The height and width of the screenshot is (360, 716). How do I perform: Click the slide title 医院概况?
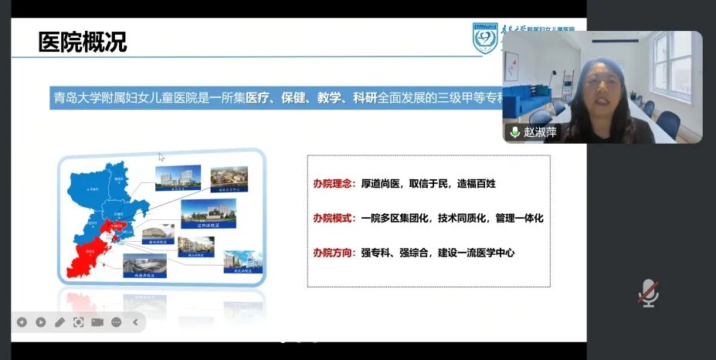pos(83,42)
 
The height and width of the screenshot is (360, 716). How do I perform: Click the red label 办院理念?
pos(334,184)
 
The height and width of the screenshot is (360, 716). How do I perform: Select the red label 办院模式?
pos(334,219)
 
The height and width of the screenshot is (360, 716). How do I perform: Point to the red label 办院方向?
pos(334,253)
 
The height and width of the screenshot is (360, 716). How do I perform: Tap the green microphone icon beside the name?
pos(514,132)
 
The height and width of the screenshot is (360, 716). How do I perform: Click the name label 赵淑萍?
pos(540,132)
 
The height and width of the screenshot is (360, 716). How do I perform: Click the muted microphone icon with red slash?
pos(648,293)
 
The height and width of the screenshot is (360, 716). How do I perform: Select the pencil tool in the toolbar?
pos(59,322)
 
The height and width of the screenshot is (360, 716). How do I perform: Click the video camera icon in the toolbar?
pos(97,322)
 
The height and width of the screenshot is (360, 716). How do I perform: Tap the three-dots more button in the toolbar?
pos(116,322)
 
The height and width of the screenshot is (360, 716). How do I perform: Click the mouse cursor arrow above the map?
pos(161,157)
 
